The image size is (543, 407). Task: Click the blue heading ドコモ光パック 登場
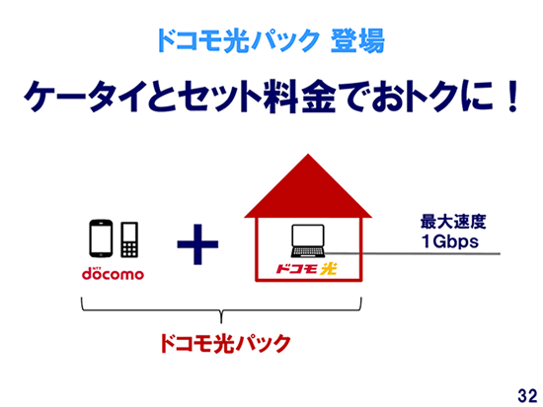point(271,40)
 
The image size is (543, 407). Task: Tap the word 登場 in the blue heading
point(357,40)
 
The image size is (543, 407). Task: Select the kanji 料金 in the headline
point(299,97)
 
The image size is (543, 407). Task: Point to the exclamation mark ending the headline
point(511,97)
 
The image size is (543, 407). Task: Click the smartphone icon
point(101,238)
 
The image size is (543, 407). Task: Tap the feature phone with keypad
point(129,239)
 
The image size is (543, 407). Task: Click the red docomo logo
point(113,273)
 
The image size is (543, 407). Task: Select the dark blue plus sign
point(197,244)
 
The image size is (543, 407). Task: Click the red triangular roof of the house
point(308,186)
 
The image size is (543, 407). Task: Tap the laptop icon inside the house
point(308,241)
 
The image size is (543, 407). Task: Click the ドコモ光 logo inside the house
point(306,269)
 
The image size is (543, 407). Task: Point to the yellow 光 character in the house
point(329,269)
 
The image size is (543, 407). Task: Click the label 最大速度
point(453,222)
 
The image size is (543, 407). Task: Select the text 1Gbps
point(450,241)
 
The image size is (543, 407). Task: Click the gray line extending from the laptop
point(413,254)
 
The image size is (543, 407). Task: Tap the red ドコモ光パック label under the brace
point(225,343)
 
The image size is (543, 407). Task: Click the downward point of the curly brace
point(221,322)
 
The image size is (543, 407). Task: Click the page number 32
point(527,395)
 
